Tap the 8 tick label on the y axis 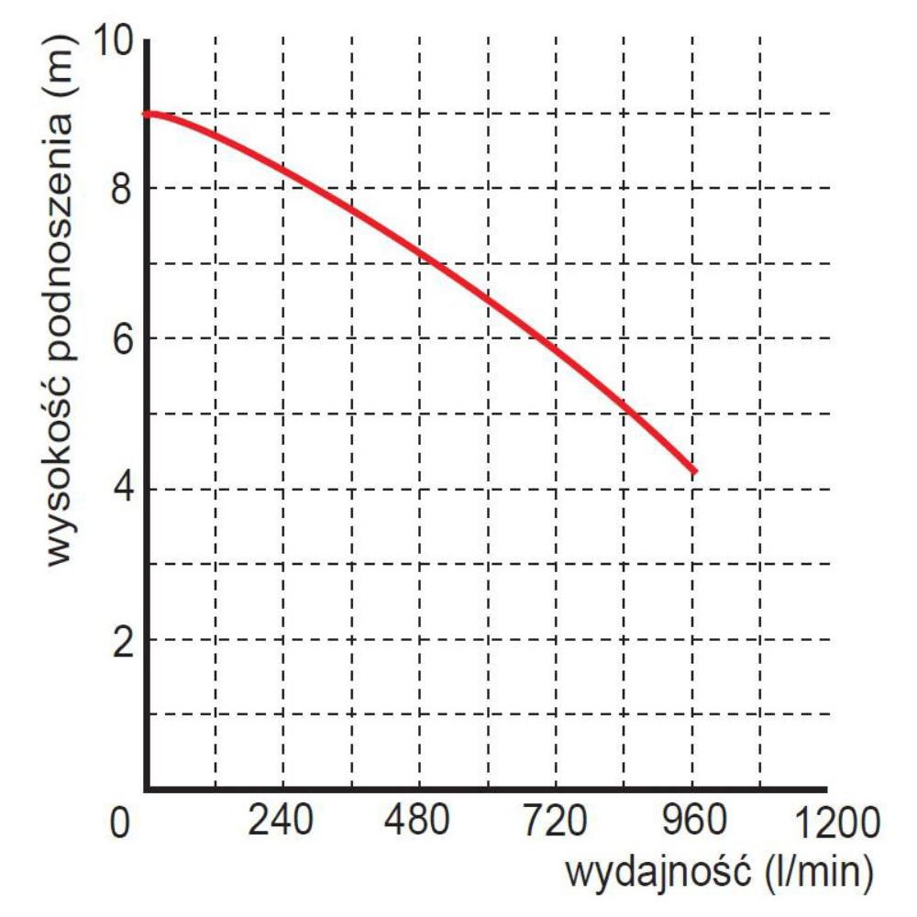click(x=119, y=189)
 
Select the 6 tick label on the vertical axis click(x=119, y=338)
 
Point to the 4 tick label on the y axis click(x=119, y=489)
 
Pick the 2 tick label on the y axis click(x=119, y=638)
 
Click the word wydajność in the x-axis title click(x=658, y=870)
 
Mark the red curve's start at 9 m click(x=147, y=115)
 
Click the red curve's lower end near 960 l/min click(x=695, y=471)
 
